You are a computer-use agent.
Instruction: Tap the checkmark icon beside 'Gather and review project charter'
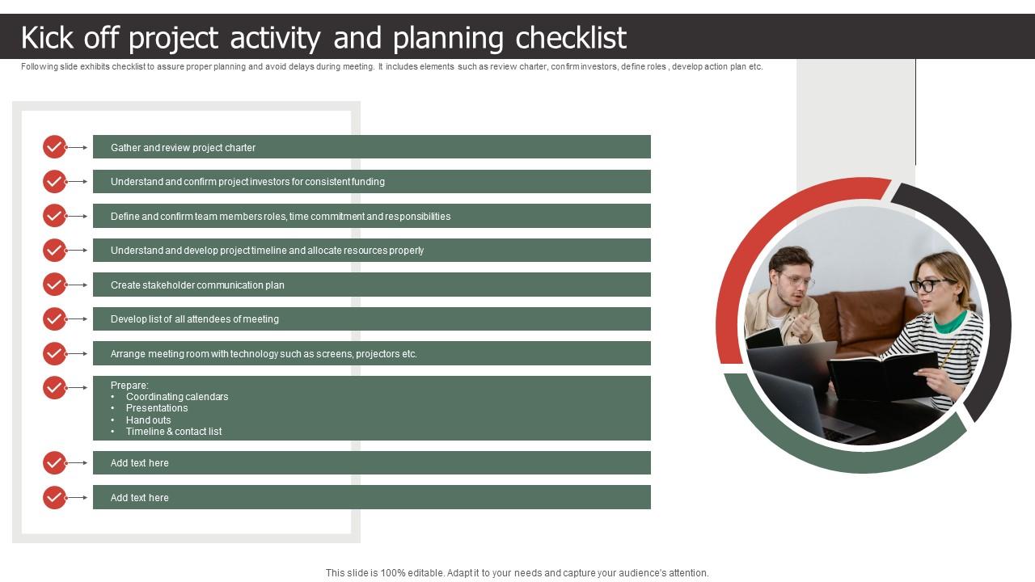[54, 147]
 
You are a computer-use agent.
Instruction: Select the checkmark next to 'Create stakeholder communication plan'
[54, 285]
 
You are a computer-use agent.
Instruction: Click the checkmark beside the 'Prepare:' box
[54, 388]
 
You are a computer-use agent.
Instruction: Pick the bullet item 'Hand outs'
[148, 420]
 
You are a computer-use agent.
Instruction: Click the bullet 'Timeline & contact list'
[173, 432]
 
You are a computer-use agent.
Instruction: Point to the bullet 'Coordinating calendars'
[176, 397]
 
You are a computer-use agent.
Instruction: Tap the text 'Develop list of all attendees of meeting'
[194, 319]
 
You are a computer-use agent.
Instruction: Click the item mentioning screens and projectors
[264, 354]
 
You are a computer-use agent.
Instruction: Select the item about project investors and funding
[247, 182]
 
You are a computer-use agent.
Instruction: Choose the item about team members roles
[280, 217]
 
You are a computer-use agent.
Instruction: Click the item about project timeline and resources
[267, 251]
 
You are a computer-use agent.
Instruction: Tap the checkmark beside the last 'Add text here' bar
[54, 497]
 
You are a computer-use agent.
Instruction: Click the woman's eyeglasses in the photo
[931, 285]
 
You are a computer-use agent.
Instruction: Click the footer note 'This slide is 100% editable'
[517, 573]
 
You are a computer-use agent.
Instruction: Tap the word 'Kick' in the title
[50, 38]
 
